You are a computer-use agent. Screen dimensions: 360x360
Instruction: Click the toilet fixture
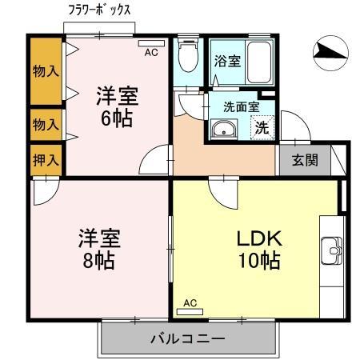tap(188, 56)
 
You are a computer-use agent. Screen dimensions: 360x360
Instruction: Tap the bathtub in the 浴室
tap(259, 62)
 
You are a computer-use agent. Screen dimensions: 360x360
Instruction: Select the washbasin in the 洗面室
tap(224, 129)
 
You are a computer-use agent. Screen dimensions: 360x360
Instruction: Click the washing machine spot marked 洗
tap(262, 128)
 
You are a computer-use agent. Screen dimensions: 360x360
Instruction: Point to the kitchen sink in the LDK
tap(331, 250)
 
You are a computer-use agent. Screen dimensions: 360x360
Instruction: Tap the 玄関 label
tap(305, 160)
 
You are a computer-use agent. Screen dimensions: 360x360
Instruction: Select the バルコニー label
tap(188, 339)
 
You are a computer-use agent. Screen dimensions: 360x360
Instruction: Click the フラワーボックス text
tap(100, 10)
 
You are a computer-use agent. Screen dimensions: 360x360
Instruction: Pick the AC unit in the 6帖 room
tap(151, 43)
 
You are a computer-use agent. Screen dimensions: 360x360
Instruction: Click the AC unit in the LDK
tap(190, 311)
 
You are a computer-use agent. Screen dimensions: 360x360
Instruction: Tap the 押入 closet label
tap(46, 160)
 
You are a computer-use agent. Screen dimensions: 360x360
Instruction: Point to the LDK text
tap(259, 238)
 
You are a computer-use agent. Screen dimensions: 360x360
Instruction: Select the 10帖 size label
tap(259, 261)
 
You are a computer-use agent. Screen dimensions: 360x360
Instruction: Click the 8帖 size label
tap(98, 261)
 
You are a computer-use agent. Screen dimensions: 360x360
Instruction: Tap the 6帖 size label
tap(117, 118)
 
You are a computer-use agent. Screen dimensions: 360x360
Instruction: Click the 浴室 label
tap(228, 61)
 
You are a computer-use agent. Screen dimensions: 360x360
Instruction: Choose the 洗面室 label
tap(242, 107)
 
